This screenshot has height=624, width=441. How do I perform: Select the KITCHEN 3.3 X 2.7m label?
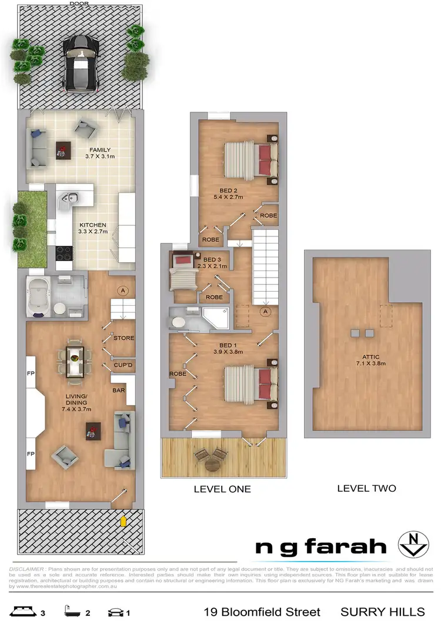93,228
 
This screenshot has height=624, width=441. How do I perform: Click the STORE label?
123,338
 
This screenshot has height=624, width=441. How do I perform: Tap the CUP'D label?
123,365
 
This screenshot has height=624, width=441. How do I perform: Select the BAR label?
118,389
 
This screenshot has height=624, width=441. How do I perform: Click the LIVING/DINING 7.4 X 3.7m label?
77,406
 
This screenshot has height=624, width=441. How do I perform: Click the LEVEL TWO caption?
366,488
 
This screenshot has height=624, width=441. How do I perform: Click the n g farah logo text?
321,547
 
